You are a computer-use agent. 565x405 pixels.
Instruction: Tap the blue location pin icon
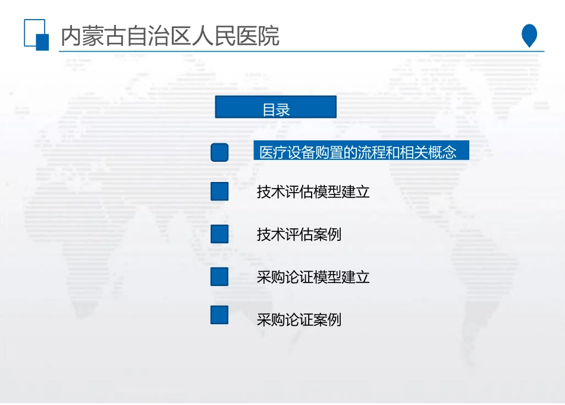pos(529,35)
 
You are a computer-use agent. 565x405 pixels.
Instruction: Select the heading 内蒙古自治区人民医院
pos(170,36)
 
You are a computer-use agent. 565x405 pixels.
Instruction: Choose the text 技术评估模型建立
pos(313,192)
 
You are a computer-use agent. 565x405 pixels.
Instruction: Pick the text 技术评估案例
pos(299,234)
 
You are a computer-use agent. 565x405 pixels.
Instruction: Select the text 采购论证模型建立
pos(313,277)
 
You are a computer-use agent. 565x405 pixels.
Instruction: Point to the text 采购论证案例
pos(299,320)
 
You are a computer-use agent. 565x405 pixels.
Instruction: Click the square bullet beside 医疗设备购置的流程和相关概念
pos(219,152)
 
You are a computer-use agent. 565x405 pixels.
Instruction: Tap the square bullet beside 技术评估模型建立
pos(219,191)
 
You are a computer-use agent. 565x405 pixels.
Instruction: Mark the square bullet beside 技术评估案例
pos(219,234)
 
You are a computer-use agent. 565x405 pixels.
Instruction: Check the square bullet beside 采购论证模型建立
pos(219,277)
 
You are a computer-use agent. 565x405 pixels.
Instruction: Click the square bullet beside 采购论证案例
pos(219,315)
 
